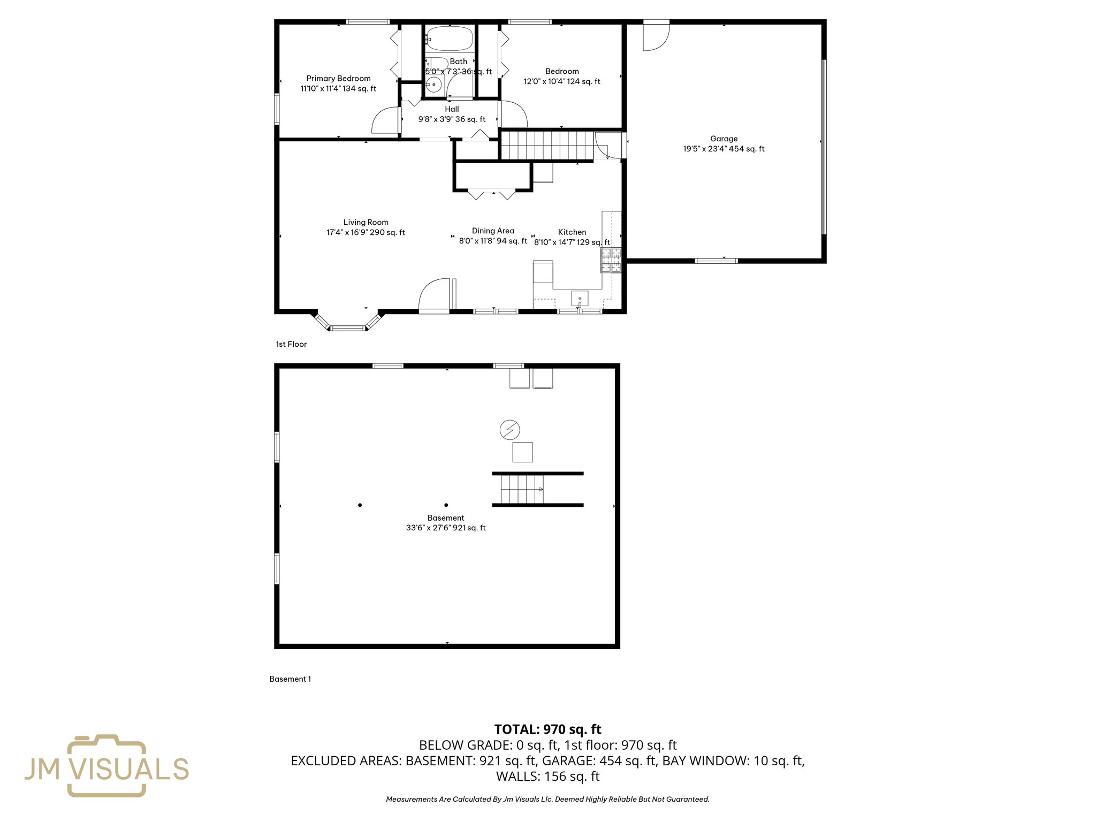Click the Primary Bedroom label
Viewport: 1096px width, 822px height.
click(x=338, y=79)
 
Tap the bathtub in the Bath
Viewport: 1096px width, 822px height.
click(x=450, y=39)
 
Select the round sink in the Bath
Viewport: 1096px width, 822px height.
click(x=434, y=85)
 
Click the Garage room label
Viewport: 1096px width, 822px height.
click(x=724, y=139)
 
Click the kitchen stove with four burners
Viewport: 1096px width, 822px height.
click(x=611, y=260)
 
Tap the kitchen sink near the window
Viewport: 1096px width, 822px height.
click(x=580, y=298)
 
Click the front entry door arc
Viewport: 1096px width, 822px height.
click(x=434, y=295)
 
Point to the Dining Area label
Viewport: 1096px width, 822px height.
click(x=493, y=231)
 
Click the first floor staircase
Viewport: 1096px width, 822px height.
click(x=547, y=146)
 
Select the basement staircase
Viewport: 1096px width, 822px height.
click(x=522, y=489)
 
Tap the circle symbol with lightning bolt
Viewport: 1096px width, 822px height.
click(x=509, y=429)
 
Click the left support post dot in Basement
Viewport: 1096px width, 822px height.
click(x=360, y=505)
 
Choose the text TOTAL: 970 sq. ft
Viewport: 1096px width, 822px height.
click(x=547, y=729)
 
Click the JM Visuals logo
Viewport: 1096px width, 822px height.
click(x=106, y=766)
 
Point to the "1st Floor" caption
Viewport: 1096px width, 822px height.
click(x=291, y=344)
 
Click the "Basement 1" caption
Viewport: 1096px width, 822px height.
click(x=290, y=679)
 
